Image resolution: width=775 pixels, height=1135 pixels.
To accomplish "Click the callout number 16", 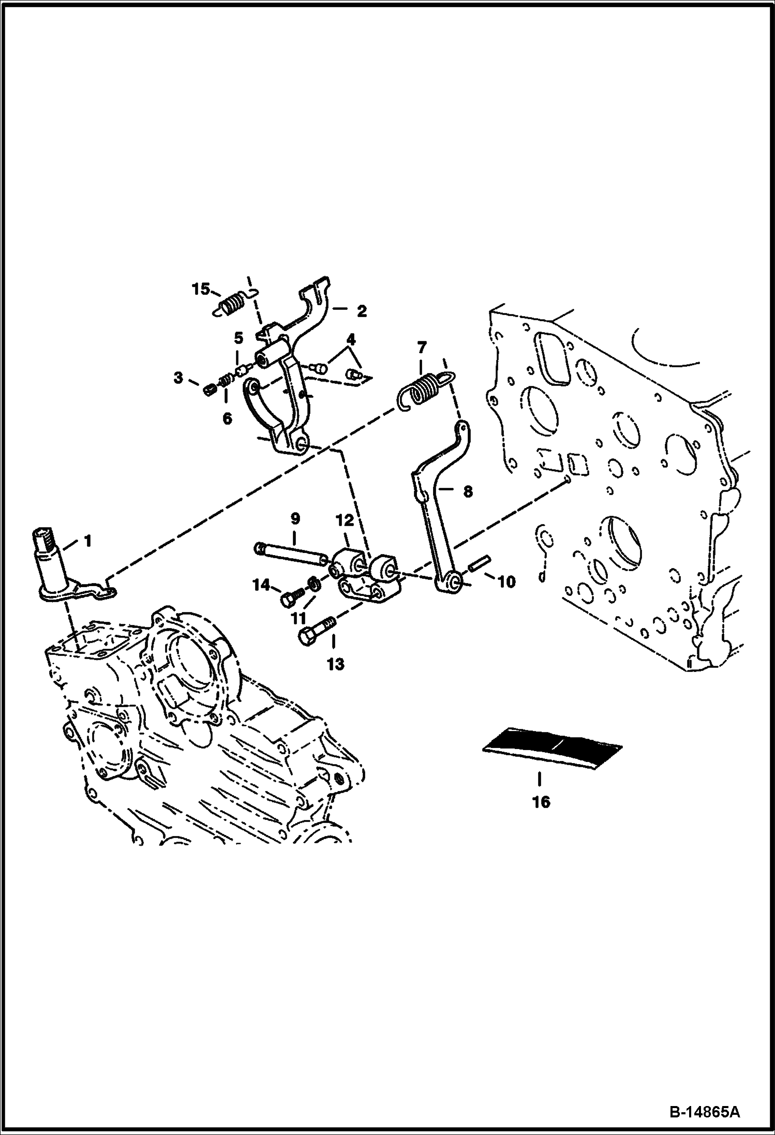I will pos(541,802).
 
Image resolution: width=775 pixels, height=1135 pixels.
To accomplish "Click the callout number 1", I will pos(87,541).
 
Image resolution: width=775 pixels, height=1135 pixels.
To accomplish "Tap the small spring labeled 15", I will pos(231,303).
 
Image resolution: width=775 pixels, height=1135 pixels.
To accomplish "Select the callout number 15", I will pos(201,289).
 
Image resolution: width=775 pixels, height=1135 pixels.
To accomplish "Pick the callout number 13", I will pos(335,664).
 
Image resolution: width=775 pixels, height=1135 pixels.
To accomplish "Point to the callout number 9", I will pos(295,518).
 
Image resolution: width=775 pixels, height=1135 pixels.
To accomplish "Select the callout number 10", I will pos(506,581).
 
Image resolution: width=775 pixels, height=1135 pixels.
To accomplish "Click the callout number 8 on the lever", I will pos(468,491).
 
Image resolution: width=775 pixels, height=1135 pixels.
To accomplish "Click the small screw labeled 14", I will pos(290,600).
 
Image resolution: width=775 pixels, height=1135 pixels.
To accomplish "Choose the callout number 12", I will pos(345,520).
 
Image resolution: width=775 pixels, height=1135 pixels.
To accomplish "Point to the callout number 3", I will pos(178,378).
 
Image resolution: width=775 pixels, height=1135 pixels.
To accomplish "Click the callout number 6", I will pos(227,419).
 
